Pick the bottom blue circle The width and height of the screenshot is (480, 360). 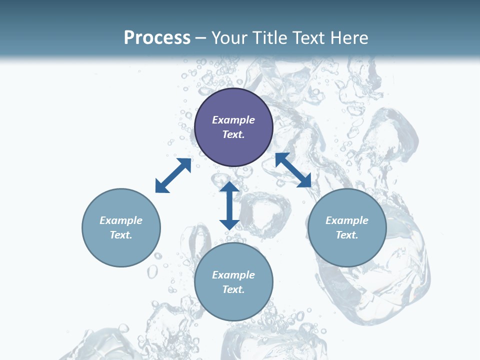(x=233, y=306)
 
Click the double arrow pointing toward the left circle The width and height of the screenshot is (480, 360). (x=173, y=175)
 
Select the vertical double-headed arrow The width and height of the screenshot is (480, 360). (x=229, y=205)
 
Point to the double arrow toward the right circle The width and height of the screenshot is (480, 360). (x=293, y=170)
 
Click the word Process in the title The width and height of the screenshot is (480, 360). (x=157, y=37)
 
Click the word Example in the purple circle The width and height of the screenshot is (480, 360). (x=233, y=120)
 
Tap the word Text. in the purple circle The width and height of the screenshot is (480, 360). (x=233, y=134)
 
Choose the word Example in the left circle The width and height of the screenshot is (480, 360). (x=121, y=220)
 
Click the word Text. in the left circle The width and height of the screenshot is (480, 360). (x=121, y=235)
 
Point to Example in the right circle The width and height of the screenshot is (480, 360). (x=347, y=220)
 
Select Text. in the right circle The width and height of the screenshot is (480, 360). (x=347, y=235)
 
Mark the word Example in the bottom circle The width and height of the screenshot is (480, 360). (x=233, y=275)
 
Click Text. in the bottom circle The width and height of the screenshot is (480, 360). (x=233, y=289)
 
